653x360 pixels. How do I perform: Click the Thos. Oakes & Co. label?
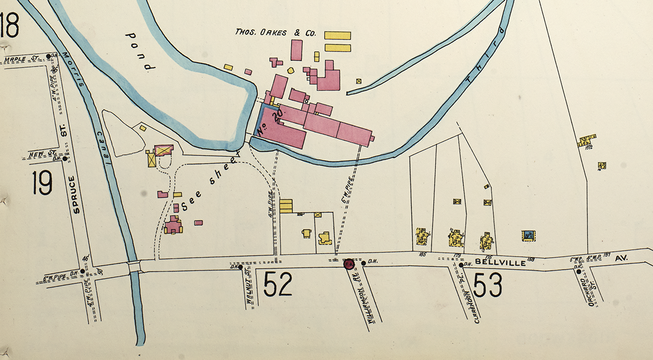coord(276,33)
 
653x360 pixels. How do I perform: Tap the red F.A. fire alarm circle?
coord(350,264)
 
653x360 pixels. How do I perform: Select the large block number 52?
coord(278,284)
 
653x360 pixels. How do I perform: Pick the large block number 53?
coord(487,285)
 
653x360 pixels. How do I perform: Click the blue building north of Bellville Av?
coord(528,235)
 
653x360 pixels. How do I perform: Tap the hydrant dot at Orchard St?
coord(578,271)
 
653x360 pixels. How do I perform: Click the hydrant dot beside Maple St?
coord(48,55)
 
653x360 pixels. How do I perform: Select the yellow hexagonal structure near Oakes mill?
coord(291,70)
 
